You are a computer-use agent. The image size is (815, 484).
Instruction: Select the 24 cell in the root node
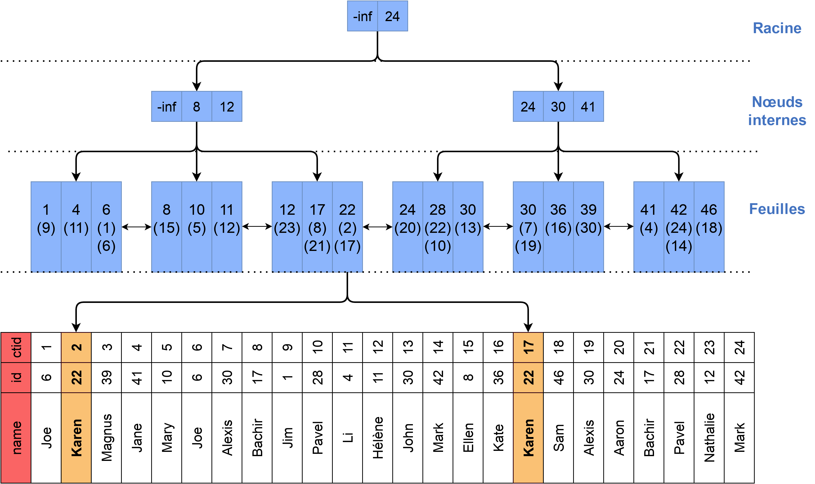pyautogui.click(x=392, y=16)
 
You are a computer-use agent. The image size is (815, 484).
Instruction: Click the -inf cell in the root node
pyautogui.click(x=362, y=16)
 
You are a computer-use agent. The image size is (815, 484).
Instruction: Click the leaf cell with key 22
pyautogui.click(x=347, y=227)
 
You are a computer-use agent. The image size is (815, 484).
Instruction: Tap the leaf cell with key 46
pyautogui.click(x=709, y=227)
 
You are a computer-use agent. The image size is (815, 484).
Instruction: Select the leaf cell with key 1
pyautogui.click(x=46, y=227)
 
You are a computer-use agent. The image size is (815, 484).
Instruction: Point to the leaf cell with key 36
pyautogui.click(x=558, y=227)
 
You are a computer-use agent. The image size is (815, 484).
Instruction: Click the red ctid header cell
pyautogui.click(x=16, y=347)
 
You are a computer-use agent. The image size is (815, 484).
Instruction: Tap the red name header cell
pyautogui.click(x=16, y=438)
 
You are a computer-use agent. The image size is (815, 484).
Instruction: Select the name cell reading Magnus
pyautogui.click(x=106, y=438)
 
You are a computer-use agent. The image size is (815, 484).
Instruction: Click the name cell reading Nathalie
pyautogui.click(x=709, y=438)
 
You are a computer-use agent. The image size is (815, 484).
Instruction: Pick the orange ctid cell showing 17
pyautogui.click(x=528, y=347)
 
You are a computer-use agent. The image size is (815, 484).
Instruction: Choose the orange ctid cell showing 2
pyautogui.click(x=76, y=347)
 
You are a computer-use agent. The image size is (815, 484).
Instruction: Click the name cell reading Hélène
pyautogui.click(x=378, y=438)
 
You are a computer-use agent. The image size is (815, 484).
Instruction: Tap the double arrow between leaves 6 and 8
pyautogui.click(x=136, y=227)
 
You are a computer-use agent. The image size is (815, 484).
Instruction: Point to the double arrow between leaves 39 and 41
pyautogui.click(x=619, y=226)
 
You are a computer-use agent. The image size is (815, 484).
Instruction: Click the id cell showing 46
pyautogui.click(x=558, y=377)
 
